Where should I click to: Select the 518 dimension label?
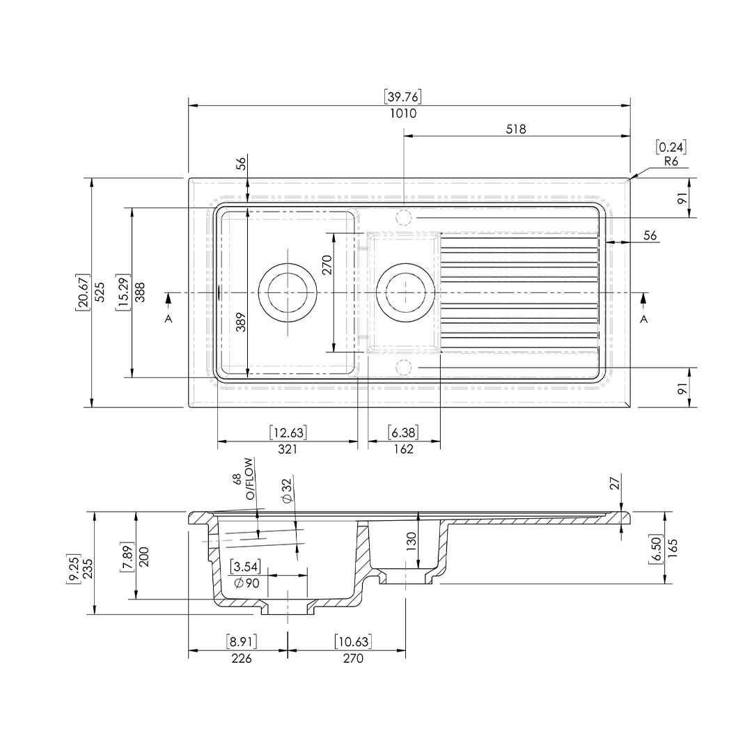[516, 129]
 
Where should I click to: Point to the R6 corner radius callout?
[671, 162]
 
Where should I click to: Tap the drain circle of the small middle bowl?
[405, 292]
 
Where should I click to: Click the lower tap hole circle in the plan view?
[404, 368]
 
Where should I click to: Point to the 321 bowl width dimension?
[288, 449]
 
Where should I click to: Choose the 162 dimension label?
[403, 449]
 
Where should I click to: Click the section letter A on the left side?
[168, 319]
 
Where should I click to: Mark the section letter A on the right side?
[643, 319]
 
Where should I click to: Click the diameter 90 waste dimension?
[247, 583]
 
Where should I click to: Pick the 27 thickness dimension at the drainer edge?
[614, 483]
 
